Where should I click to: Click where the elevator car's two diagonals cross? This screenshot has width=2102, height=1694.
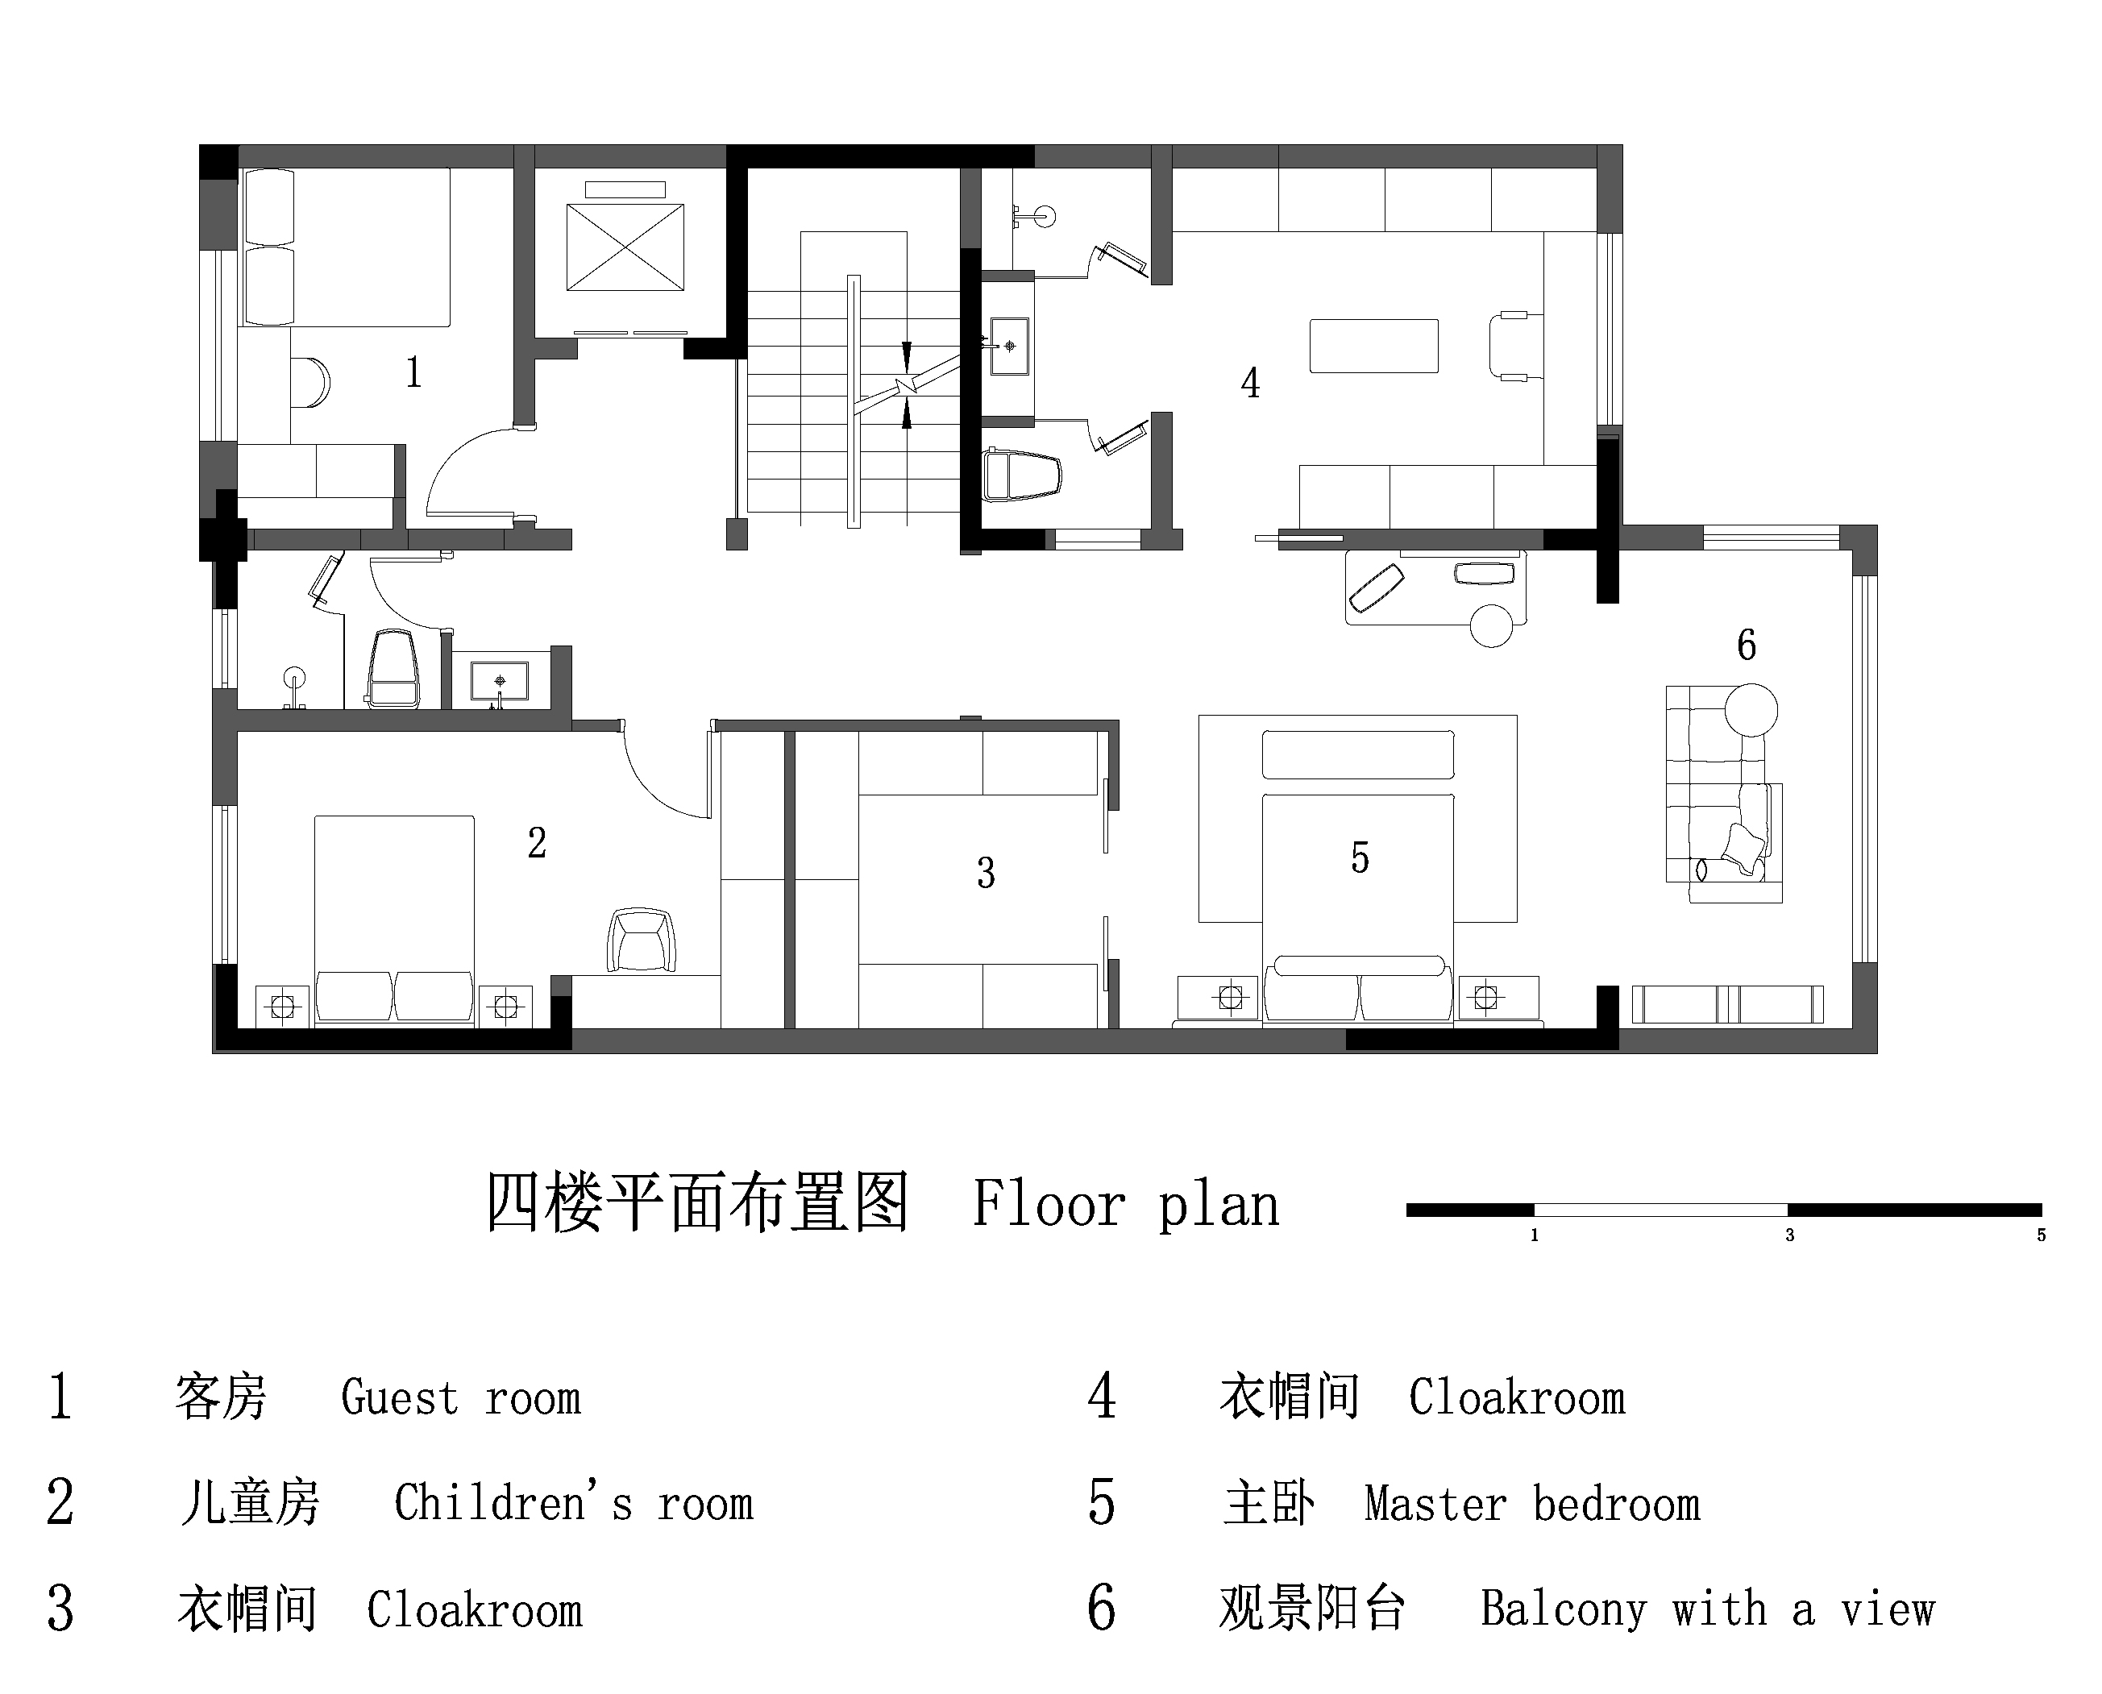625,247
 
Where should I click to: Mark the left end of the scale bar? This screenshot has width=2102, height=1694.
1407,1210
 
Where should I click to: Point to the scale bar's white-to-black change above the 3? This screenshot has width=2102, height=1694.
1788,1210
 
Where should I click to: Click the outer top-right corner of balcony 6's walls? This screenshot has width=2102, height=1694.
1876,526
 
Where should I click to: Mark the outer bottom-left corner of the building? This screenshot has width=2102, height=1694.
213,1053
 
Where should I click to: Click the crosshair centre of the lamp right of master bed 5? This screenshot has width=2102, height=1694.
1485,997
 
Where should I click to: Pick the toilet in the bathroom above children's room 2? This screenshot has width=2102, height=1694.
393,667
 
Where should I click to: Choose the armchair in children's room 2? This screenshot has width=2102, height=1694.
641,940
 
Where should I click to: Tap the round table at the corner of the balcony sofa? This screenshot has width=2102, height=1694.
1751,709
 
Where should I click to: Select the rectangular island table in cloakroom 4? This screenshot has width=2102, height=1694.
1373,346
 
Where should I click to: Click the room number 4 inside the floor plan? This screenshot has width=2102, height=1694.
1250,384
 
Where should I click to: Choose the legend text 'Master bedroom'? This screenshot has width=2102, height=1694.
1532,1504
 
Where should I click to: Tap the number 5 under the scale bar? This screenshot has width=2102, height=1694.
2041,1235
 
